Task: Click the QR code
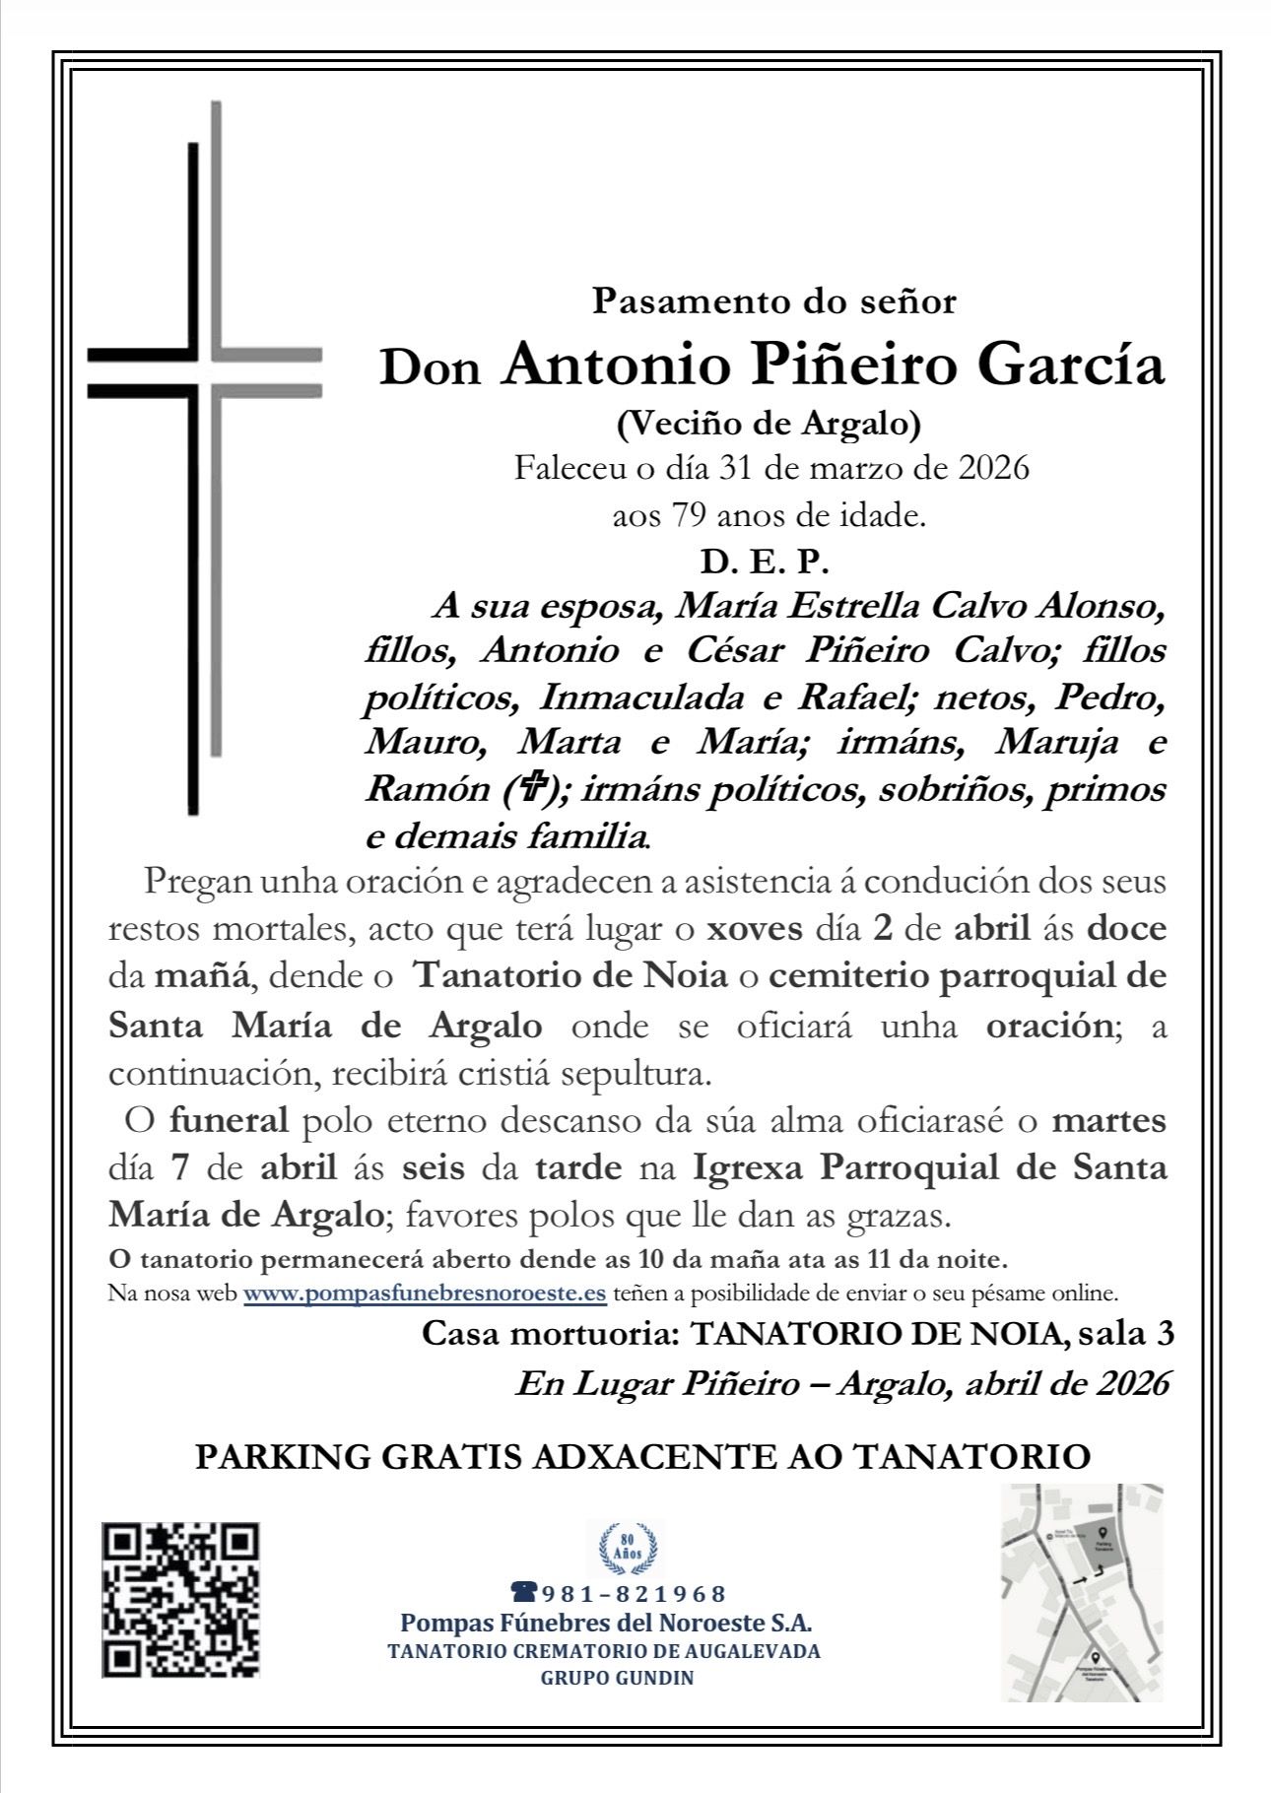click(x=180, y=1599)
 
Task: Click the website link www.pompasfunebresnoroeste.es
click(x=425, y=1294)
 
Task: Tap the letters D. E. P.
click(x=765, y=562)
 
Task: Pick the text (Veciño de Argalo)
click(x=769, y=424)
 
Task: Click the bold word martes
click(x=1108, y=1121)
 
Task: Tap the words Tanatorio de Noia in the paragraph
click(x=570, y=976)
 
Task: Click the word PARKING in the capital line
click(x=282, y=1457)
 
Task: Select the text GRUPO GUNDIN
click(x=617, y=1678)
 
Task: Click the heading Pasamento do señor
click(x=773, y=300)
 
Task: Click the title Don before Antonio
click(x=431, y=368)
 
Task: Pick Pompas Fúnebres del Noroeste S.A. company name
click(x=605, y=1624)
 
